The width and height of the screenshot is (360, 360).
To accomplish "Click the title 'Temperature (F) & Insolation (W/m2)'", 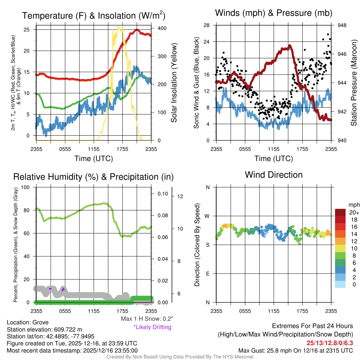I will [94, 16].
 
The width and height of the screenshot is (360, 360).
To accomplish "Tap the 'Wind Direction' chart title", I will [274, 175].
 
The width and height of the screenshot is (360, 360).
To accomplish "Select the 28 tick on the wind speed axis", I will [207, 25].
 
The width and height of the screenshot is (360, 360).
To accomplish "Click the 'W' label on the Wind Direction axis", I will [207, 216].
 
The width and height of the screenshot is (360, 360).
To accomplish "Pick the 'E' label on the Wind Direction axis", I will [208, 274].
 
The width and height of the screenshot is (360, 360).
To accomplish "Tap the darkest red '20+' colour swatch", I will [340, 212].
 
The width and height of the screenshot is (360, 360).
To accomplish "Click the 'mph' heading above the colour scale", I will [353, 205].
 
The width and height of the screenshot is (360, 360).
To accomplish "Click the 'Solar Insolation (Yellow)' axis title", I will [174, 83].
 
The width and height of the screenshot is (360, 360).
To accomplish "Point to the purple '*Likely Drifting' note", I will [152, 327].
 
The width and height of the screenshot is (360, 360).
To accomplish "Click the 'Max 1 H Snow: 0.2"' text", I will [147, 319].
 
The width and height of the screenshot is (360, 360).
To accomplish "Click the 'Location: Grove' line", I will [28, 322].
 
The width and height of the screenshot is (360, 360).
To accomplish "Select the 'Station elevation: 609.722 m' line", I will [44, 329].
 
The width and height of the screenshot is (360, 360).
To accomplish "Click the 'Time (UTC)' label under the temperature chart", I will [94, 159].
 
